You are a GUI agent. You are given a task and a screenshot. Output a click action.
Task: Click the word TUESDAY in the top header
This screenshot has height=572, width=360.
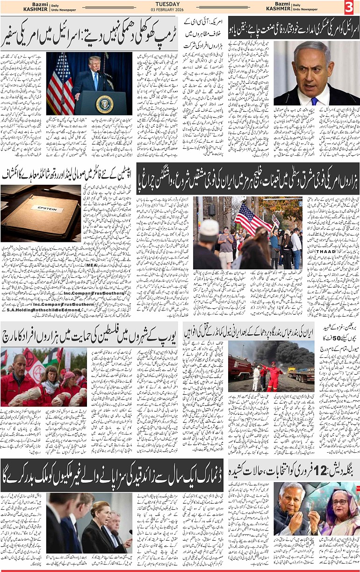click(x=180, y=3)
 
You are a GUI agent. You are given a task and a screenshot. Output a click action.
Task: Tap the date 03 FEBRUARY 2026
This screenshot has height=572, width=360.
click(x=180, y=9)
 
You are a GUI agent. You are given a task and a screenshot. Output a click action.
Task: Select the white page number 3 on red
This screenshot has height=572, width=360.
click(x=349, y=7)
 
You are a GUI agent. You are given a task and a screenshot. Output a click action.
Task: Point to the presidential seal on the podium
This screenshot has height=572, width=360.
click(x=104, y=103)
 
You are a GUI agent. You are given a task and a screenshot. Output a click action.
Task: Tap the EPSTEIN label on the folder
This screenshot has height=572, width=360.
click(x=47, y=208)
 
